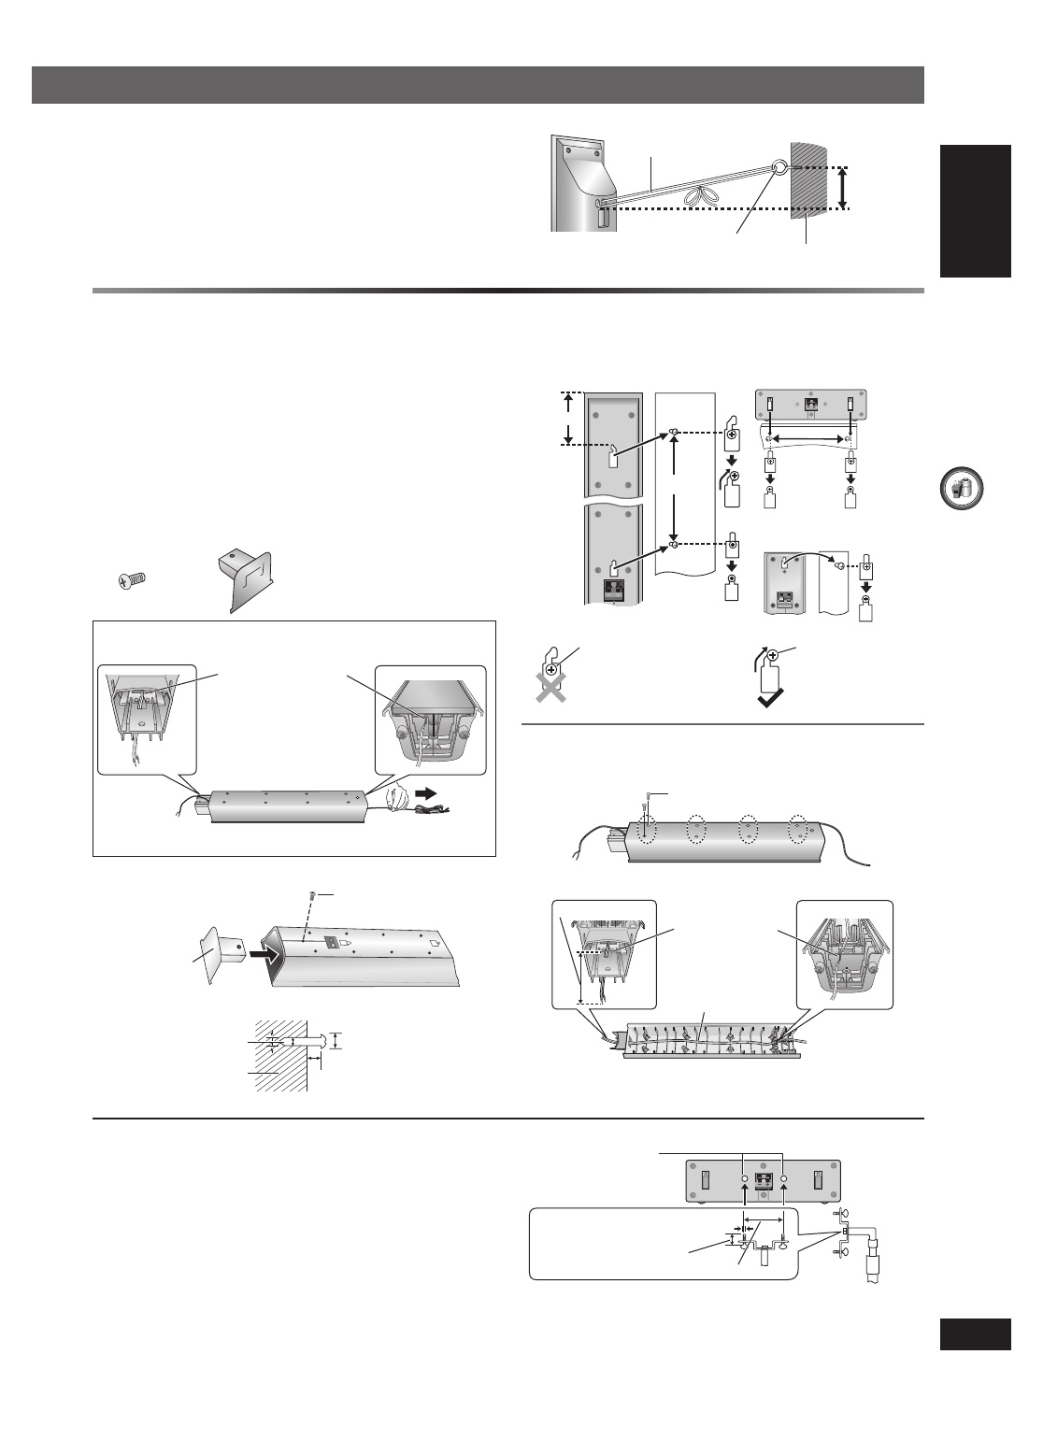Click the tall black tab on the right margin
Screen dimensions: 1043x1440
(x=976, y=210)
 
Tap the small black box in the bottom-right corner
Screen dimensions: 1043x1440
(x=975, y=1333)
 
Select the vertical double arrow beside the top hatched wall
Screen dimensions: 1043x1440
(x=843, y=189)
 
